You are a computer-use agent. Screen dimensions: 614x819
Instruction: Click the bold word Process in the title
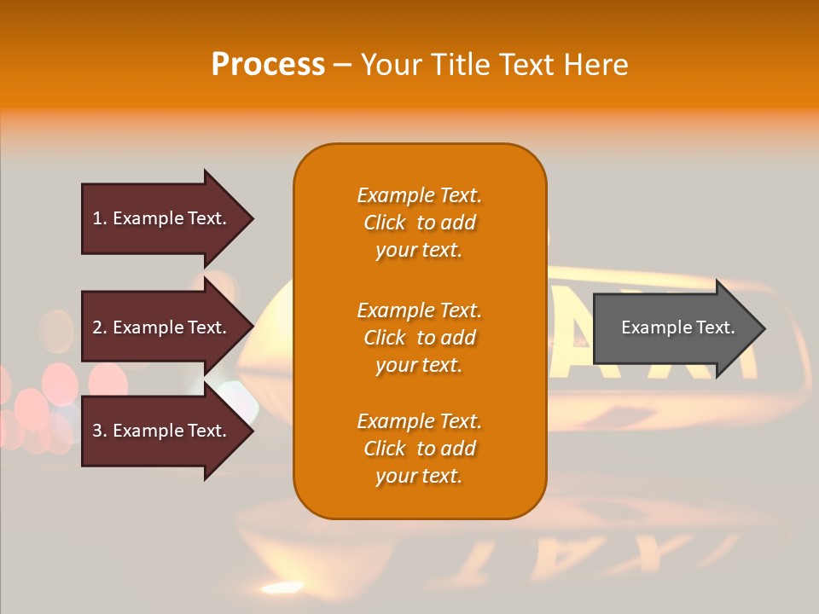(x=268, y=65)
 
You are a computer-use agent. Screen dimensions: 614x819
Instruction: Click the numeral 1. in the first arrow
(x=100, y=218)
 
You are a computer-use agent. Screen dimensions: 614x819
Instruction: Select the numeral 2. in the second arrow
(x=100, y=327)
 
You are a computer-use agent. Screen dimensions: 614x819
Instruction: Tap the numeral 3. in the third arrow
(x=100, y=431)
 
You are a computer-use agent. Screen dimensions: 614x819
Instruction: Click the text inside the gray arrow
(x=678, y=327)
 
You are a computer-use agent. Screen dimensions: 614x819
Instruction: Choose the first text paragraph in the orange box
(x=419, y=223)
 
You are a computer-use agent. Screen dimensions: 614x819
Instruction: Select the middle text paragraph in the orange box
(x=419, y=338)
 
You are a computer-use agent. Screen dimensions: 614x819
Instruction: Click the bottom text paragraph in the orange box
(x=419, y=449)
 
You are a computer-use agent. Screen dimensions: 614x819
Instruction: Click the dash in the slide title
(x=343, y=66)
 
